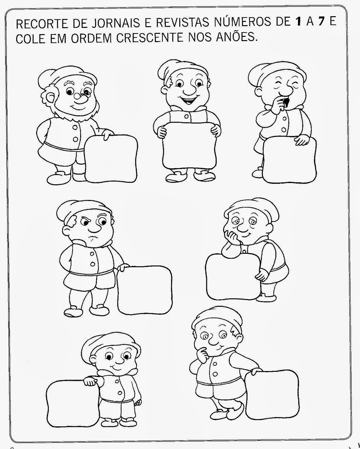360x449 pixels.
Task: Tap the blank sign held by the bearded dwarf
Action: (111, 159)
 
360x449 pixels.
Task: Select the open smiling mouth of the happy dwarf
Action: (189, 101)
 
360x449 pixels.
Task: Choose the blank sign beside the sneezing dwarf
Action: (290, 160)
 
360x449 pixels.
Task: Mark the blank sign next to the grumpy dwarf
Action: (145, 290)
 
